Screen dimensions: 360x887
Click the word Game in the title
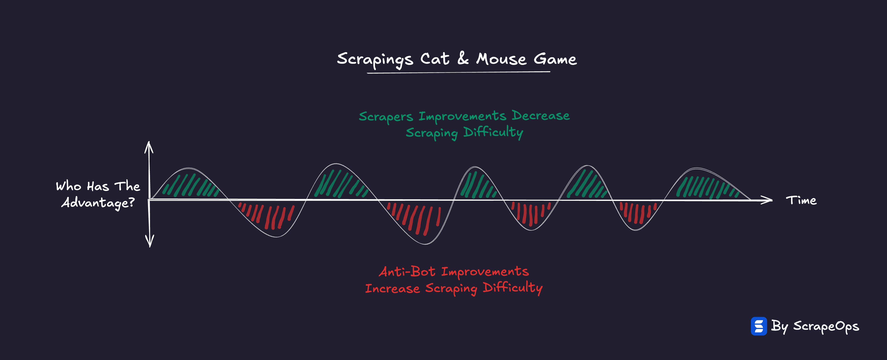coord(555,59)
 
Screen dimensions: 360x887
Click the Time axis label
coord(801,200)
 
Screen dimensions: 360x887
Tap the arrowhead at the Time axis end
coord(767,200)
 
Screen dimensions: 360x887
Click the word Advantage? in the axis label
coord(98,203)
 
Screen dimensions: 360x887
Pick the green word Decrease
coord(540,116)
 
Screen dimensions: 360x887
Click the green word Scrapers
coord(386,117)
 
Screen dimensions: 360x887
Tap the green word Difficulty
coord(493,132)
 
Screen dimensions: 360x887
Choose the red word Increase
coord(392,288)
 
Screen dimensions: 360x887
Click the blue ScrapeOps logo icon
coord(758,326)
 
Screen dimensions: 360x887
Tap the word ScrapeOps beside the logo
coord(826,326)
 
